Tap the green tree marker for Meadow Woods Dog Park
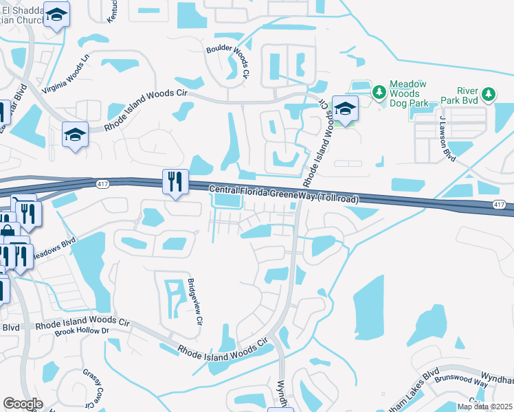pyautogui.click(x=378, y=91)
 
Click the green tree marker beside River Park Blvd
pyautogui.click(x=488, y=93)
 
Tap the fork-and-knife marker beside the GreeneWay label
pyautogui.click(x=175, y=181)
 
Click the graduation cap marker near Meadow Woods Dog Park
pyautogui.click(x=346, y=108)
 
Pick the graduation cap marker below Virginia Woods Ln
pyautogui.click(x=75, y=134)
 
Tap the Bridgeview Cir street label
pyautogui.click(x=194, y=302)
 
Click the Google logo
pyautogui.click(x=23, y=404)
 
